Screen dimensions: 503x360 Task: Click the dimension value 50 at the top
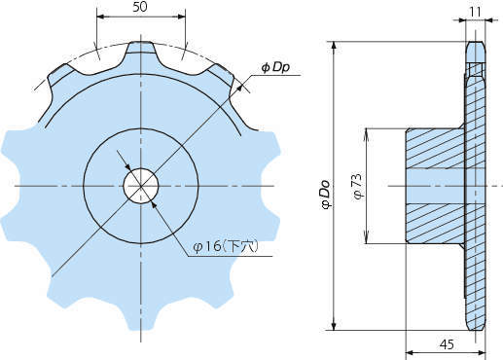pyautogui.click(x=140, y=7)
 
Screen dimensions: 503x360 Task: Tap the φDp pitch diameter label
pyautogui.click(x=275, y=67)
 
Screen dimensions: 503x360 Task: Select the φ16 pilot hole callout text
pyautogui.click(x=226, y=247)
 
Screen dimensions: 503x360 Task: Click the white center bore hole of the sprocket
pyautogui.click(x=141, y=186)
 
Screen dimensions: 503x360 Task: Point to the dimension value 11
pyautogui.click(x=475, y=12)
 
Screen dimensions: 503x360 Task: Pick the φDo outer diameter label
pyautogui.click(x=325, y=194)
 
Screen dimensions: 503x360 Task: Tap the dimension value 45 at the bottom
pyautogui.click(x=447, y=344)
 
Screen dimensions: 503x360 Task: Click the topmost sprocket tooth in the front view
pyautogui.click(x=140, y=48)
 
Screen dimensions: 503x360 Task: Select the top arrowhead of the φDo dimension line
pyautogui.click(x=335, y=47)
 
